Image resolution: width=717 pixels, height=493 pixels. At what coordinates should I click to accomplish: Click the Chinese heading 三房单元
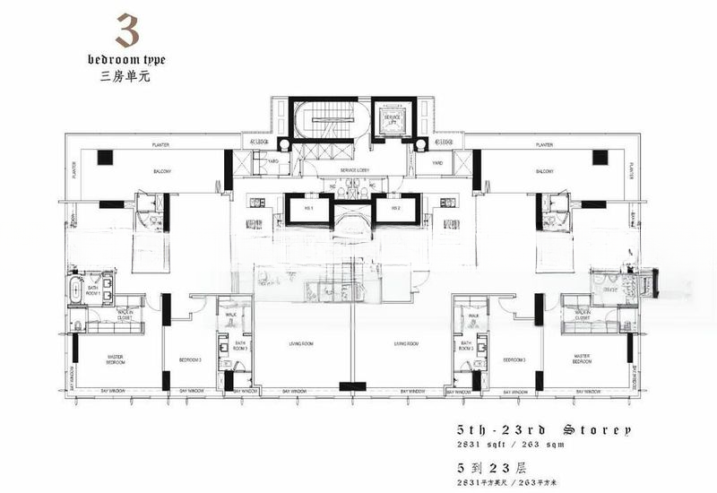pos(126,76)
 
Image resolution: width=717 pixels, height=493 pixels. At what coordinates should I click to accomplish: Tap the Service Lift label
pos(393,119)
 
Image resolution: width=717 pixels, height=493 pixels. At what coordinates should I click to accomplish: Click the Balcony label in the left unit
pos(161,171)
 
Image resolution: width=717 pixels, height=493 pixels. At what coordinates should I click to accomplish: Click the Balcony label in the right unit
pos(544,171)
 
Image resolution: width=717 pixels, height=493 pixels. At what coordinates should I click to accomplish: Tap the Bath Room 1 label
pos(92,291)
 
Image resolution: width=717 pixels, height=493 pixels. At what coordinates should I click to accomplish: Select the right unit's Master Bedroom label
pos(583,360)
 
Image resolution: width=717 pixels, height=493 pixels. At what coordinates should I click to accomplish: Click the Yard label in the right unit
pos(437,163)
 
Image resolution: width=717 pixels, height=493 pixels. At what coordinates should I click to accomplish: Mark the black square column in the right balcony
pos(599,157)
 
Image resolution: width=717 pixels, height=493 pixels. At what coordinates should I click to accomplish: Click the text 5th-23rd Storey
pos(544,429)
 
